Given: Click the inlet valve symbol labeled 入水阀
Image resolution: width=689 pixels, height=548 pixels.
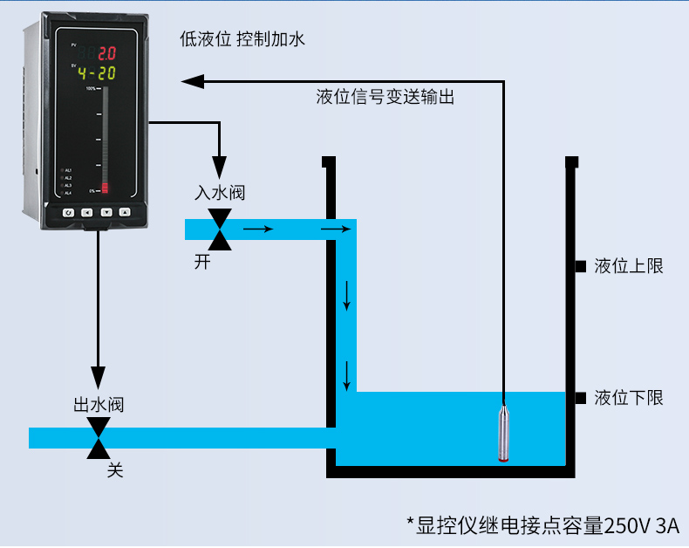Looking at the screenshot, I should point(222,229).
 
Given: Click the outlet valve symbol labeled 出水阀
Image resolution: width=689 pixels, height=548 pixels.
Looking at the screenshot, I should point(99,437).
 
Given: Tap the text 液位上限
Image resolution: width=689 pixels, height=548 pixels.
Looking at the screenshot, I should point(629,266).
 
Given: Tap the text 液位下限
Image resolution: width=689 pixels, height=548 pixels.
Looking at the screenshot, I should point(629,398).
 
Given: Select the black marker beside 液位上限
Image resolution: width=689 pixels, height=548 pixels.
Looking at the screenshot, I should point(580,266).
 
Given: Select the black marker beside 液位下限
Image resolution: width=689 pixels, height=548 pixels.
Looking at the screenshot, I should point(580,398).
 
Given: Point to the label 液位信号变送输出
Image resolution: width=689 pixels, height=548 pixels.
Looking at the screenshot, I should point(385,97).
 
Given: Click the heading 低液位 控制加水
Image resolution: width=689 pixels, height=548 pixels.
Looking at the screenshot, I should point(242,39).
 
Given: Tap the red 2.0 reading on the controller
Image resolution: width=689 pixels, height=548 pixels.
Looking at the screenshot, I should point(106,53).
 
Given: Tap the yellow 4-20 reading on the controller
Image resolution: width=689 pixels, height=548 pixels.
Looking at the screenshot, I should point(95,73).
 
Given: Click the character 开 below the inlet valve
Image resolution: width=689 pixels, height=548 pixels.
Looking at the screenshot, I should point(202,262).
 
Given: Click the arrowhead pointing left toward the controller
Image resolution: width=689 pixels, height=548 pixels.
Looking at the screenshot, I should point(193,81).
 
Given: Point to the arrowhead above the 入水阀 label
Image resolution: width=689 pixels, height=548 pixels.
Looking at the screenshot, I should point(220,168).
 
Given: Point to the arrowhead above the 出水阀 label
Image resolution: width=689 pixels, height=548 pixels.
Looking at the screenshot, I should point(99,379).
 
